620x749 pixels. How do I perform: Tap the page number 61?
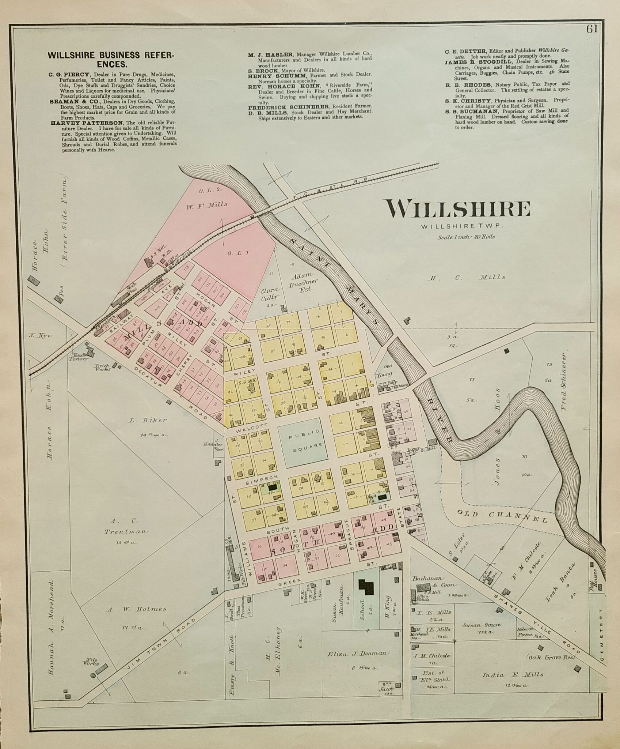[x=592, y=30]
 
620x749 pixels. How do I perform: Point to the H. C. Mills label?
[x=467, y=277]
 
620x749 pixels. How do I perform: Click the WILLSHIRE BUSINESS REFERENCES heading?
[x=111, y=60]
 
